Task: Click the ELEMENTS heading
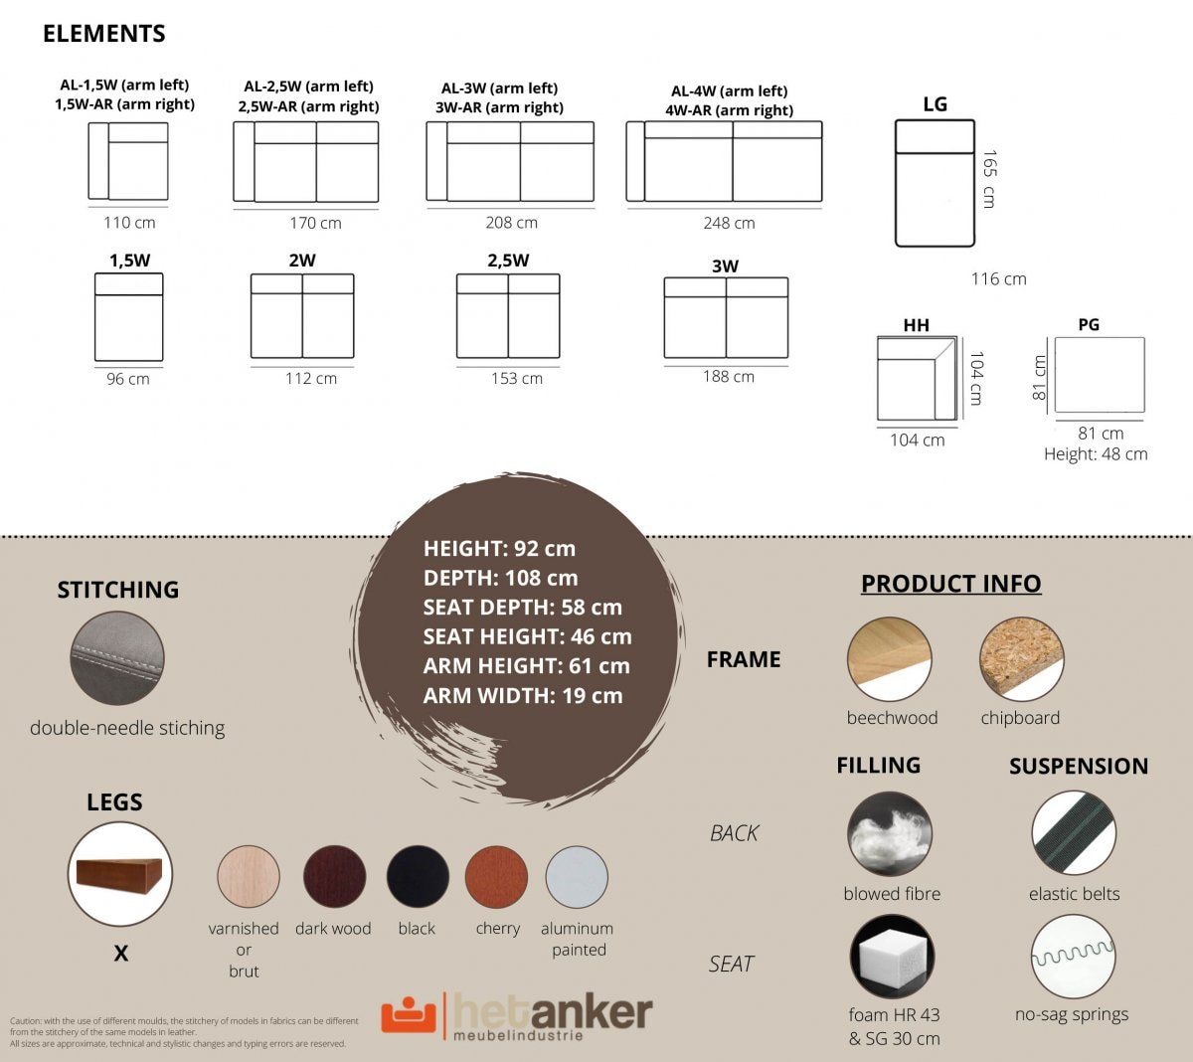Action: [x=104, y=34]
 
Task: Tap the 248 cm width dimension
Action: [x=729, y=223]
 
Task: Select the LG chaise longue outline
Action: [x=936, y=183]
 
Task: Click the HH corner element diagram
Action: [x=917, y=378]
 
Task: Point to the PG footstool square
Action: [x=1100, y=375]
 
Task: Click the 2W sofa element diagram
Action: [x=302, y=315]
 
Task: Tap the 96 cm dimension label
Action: [x=128, y=379]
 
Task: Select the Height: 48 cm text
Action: [x=1096, y=454]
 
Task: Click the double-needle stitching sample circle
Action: [x=117, y=658]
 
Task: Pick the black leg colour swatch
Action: [x=418, y=876]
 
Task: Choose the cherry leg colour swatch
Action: [x=496, y=876]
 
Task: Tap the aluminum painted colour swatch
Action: [x=577, y=876]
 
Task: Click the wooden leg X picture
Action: [x=120, y=874]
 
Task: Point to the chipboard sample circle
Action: [x=1022, y=659]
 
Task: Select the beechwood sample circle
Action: [x=890, y=659]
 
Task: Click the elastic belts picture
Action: [x=1074, y=833]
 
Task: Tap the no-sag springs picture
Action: [x=1074, y=957]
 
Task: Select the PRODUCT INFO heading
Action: [x=951, y=584]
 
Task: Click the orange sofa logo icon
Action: [x=409, y=1013]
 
